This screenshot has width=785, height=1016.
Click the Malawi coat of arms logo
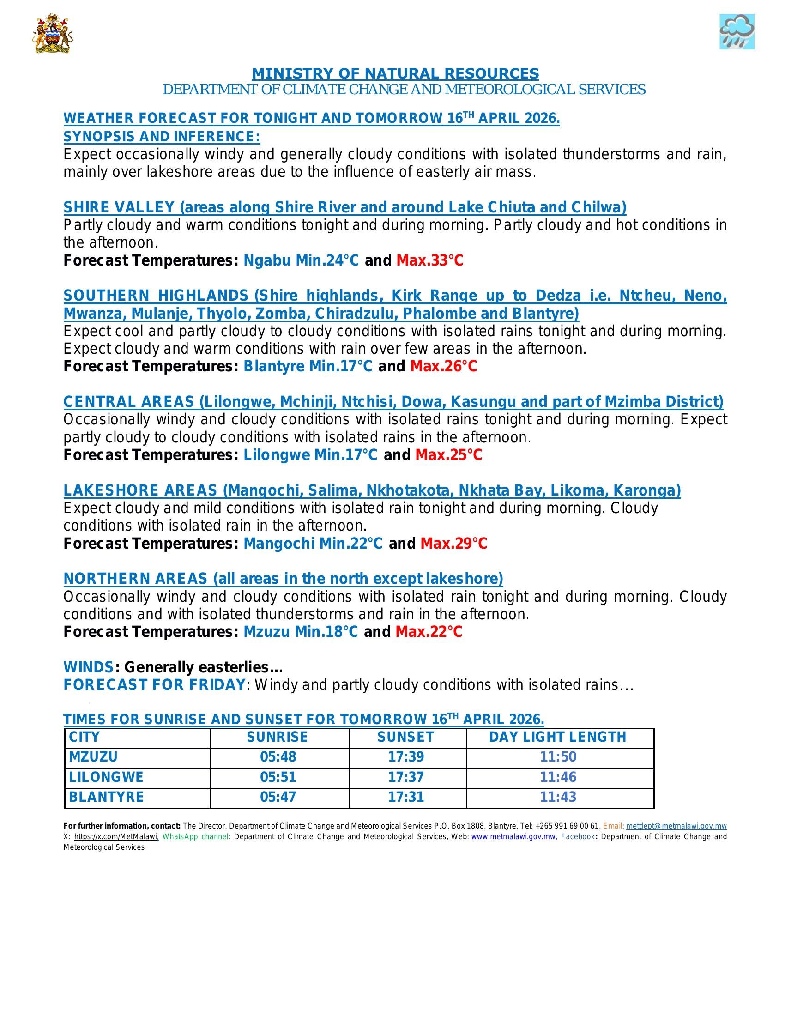52,34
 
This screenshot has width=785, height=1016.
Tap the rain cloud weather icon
737,31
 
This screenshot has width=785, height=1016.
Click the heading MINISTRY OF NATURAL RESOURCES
395,73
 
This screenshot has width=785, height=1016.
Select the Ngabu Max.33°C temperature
430,260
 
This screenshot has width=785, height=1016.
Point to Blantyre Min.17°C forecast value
308,367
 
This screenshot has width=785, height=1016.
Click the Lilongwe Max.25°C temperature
448,455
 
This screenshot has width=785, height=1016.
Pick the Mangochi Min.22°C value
313,544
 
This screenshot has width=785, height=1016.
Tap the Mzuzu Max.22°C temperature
429,632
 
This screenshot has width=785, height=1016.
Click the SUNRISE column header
277,737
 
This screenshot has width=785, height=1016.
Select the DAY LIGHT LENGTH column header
558,737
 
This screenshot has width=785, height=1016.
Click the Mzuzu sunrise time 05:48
278,757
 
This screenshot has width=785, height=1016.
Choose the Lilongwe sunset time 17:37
406,777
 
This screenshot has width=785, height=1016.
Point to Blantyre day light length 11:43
558,797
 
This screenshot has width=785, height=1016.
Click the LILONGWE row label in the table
107,777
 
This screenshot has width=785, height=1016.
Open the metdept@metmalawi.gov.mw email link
676,826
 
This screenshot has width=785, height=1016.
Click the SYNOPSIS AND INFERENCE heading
162,137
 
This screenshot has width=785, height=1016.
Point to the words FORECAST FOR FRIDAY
154,685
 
